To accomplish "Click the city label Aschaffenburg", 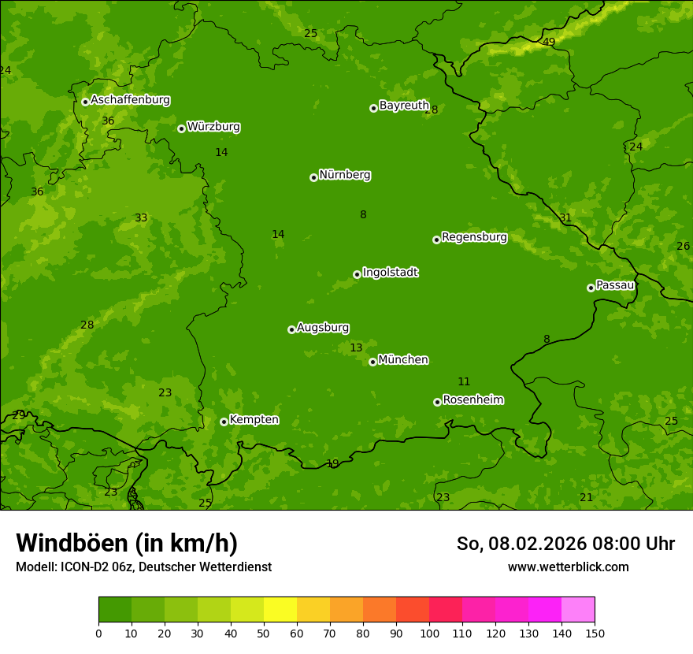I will click(130, 100).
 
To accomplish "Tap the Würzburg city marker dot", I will click(181, 128).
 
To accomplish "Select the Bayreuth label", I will click(404, 106).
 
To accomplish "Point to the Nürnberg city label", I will click(344, 175).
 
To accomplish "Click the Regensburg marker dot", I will click(436, 240).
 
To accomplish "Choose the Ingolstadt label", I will click(390, 273).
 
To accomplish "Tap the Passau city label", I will click(615, 285).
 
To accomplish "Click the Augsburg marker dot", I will click(291, 329).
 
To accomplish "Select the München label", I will click(403, 360).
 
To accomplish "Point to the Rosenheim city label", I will click(472, 400).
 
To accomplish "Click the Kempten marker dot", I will click(224, 422).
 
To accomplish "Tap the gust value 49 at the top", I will click(549, 42).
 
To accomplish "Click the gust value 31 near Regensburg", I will click(565, 217).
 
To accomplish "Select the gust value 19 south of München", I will click(332, 463).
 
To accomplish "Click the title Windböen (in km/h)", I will click(127, 543).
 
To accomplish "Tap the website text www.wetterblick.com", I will click(568, 567).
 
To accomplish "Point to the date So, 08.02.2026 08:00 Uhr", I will click(565, 544).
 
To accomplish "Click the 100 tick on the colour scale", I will click(429, 632).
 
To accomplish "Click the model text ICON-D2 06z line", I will click(143, 567).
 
